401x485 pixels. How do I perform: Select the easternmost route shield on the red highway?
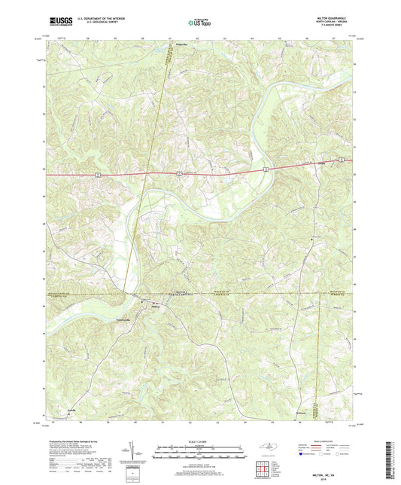pyautogui.click(x=341, y=159)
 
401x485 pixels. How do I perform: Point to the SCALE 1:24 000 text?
pyautogui.click(x=199, y=442)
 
